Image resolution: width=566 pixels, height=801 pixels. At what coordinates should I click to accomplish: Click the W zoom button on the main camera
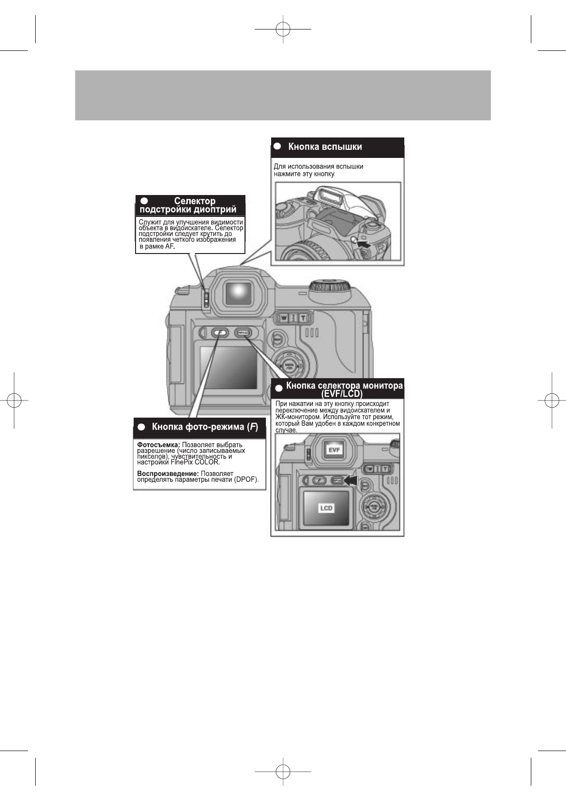(284, 318)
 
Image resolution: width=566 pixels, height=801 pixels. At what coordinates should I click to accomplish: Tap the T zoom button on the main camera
(303, 318)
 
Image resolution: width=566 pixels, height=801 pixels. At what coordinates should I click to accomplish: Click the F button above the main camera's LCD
(219, 332)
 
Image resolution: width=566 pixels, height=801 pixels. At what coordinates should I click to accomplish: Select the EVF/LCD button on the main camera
(243, 333)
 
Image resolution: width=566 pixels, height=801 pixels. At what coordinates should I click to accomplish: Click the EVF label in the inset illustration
(335, 449)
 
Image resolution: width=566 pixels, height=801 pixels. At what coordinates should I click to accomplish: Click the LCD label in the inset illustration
(326, 508)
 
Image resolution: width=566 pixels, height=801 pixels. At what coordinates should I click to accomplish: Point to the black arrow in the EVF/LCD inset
(350, 481)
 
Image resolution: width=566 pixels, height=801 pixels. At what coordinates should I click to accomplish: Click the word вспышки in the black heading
(342, 147)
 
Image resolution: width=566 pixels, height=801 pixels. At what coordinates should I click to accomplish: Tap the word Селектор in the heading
(195, 201)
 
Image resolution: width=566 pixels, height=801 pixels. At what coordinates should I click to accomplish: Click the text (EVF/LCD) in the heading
(342, 394)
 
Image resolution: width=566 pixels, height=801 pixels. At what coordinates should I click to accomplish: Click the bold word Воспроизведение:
(167, 474)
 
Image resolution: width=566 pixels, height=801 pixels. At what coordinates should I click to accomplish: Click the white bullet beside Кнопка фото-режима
(141, 427)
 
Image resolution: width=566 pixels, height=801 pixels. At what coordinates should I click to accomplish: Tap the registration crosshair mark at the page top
(283, 29)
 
